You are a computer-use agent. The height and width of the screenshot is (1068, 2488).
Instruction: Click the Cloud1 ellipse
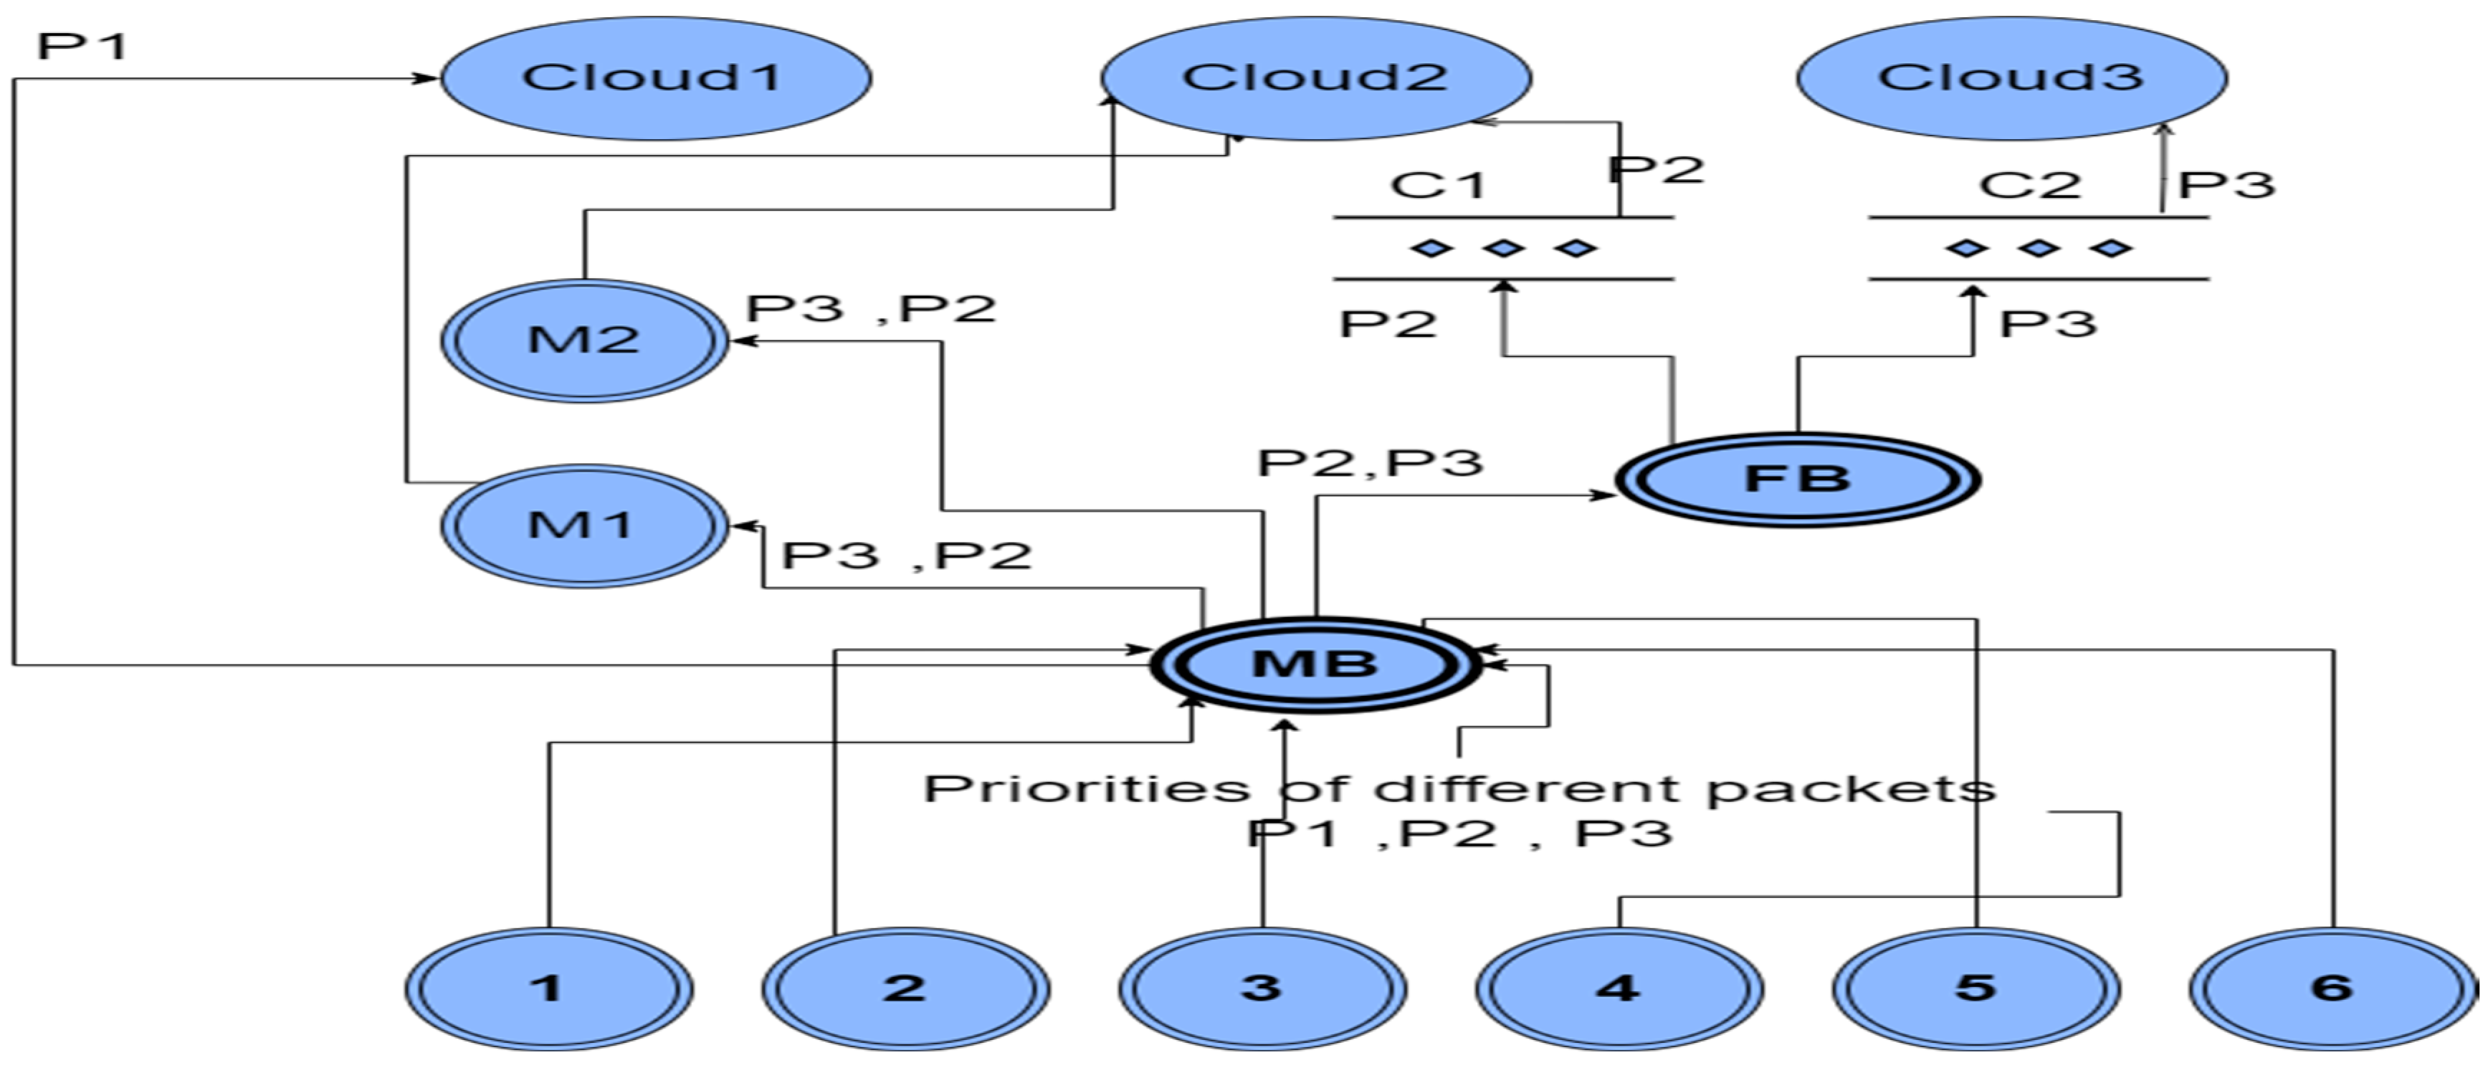pos(656,78)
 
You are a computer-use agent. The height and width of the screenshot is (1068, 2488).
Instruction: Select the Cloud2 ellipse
pos(1315,78)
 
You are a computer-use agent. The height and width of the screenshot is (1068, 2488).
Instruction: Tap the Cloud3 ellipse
pos(2012,78)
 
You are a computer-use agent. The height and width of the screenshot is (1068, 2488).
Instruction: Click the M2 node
pos(583,340)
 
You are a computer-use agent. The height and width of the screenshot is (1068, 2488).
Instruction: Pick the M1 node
pos(583,525)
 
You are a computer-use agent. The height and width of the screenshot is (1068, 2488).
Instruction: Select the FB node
pos(1798,479)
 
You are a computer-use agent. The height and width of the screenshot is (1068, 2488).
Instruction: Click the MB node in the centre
pos(1315,664)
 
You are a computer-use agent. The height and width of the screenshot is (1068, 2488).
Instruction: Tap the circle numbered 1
pos(548,988)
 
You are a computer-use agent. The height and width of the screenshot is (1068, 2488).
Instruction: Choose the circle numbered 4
pos(1619,988)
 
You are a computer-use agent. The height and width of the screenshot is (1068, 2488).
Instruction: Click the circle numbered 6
pos(2332,988)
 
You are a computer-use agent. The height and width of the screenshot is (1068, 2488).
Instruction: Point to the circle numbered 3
pos(1262,988)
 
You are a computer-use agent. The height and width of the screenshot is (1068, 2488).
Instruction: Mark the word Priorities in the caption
pos(1087,789)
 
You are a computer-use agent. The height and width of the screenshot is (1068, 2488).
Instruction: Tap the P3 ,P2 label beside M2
pos(870,309)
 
